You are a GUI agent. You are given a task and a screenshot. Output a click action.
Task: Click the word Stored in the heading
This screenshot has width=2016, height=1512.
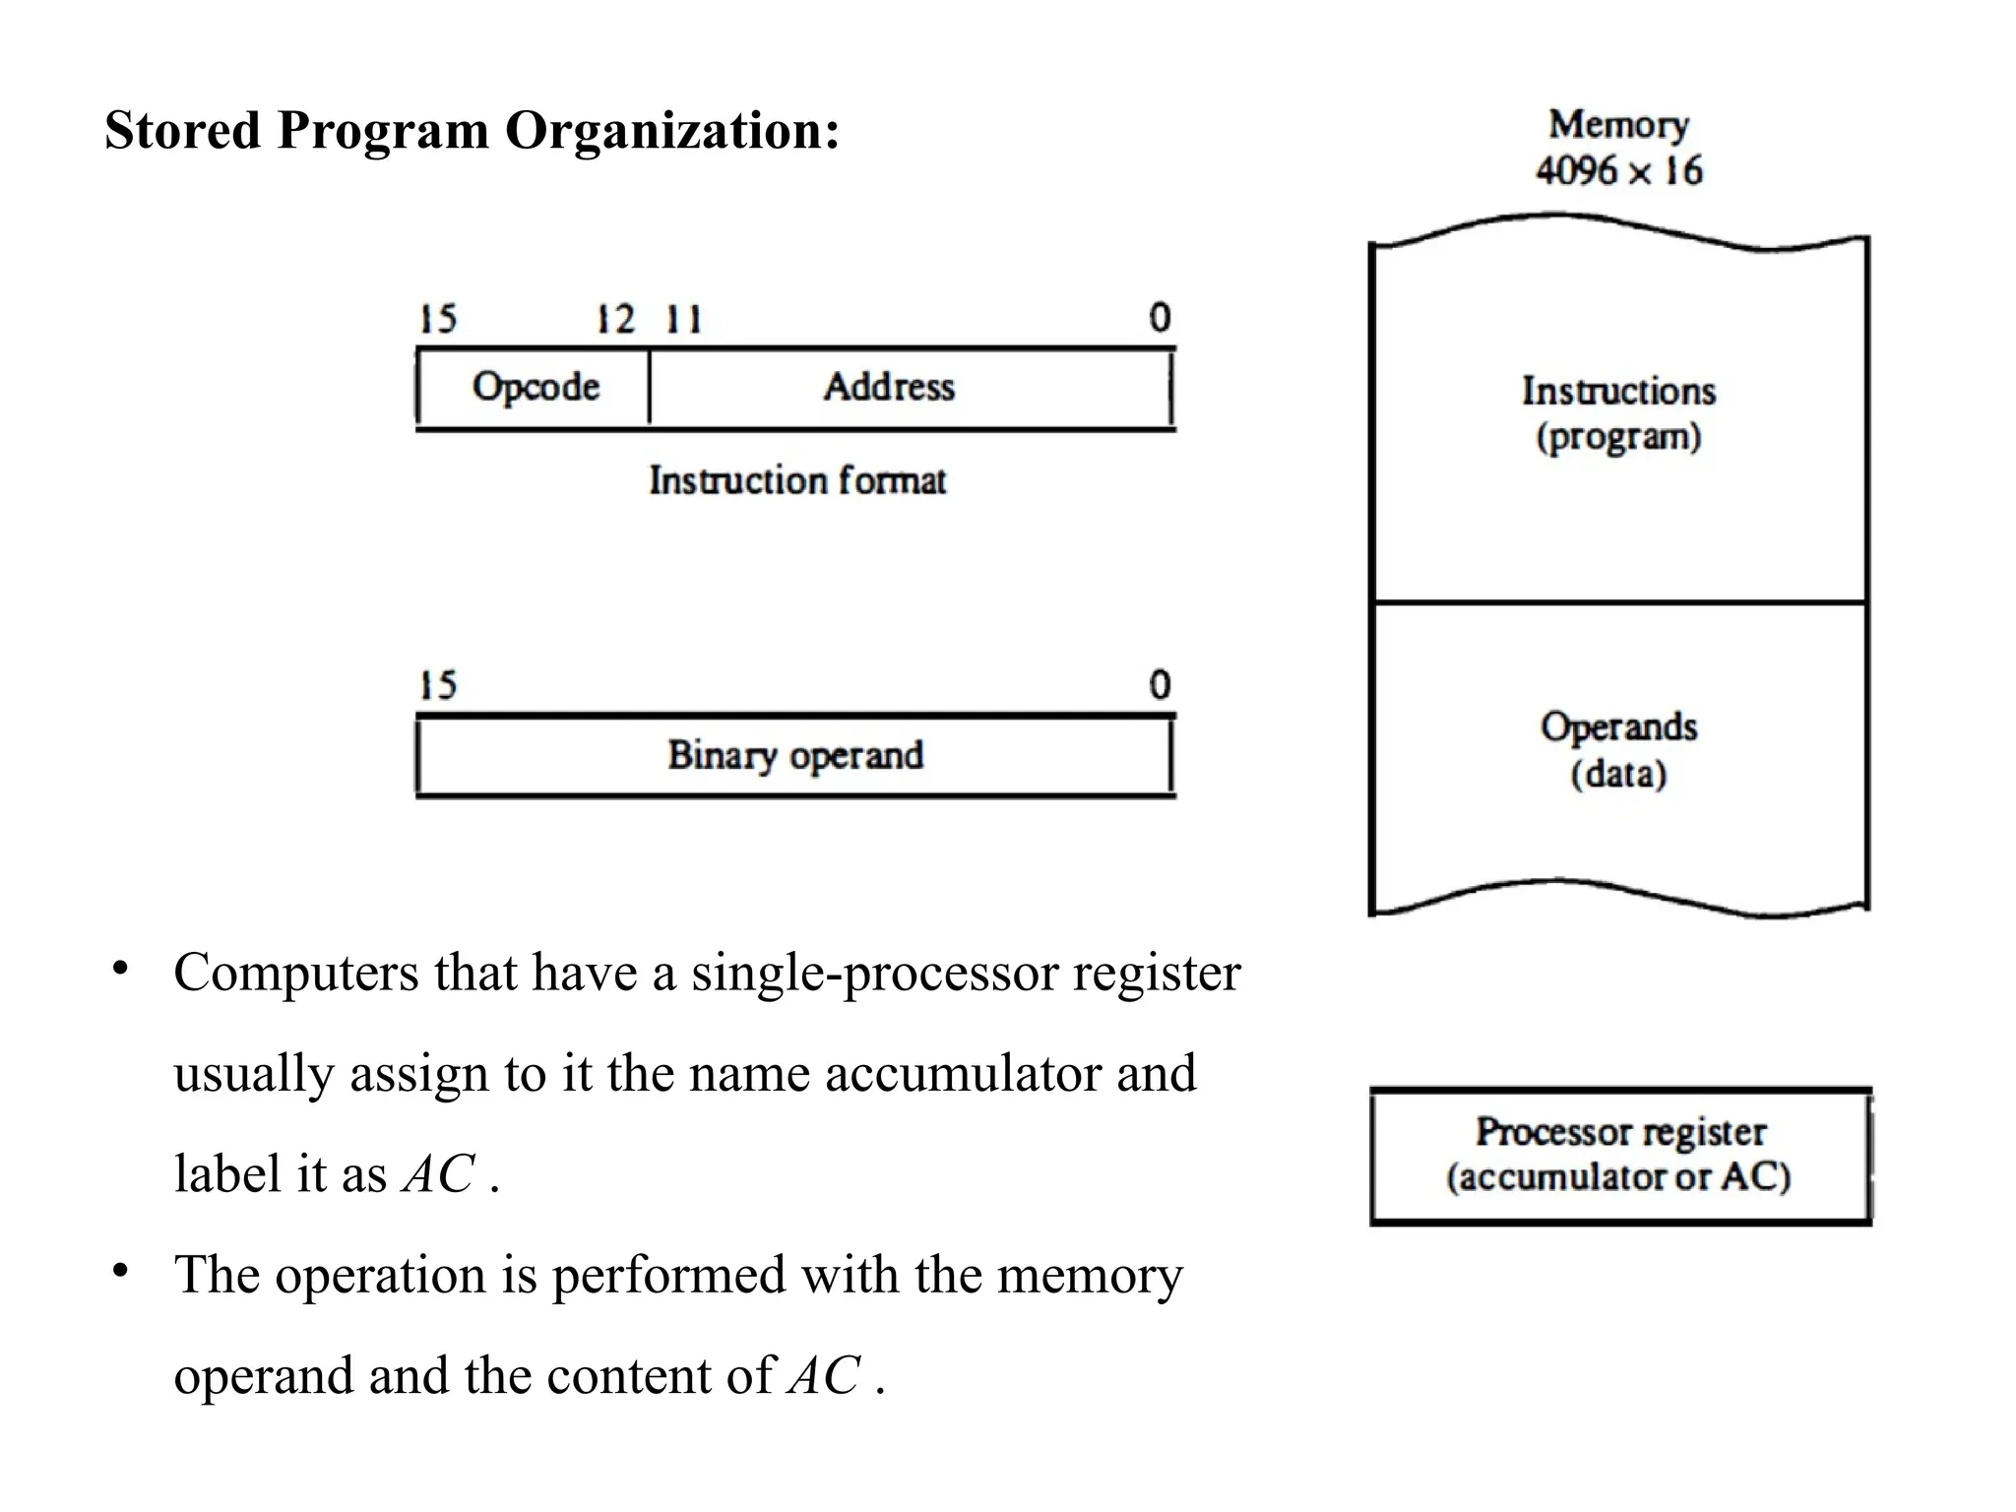pos(182,131)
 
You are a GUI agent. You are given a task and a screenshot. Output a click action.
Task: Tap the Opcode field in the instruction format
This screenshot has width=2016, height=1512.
pos(535,387)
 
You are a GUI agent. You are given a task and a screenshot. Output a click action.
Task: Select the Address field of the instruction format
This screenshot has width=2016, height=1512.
pos(889,387)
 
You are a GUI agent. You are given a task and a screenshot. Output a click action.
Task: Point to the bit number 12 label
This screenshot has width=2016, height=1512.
pos(616,320)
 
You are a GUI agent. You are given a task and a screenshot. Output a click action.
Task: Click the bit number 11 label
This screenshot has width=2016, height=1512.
pos(683,320)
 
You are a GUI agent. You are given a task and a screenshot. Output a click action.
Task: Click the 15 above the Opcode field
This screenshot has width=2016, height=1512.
pos(438,320)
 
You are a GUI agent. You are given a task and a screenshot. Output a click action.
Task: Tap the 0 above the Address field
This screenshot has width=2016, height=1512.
pos(1160,318)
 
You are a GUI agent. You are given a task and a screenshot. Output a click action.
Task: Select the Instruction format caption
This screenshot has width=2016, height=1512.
pos(796,481)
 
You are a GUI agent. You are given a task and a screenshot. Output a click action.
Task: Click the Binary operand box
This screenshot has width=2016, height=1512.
pos(795,756)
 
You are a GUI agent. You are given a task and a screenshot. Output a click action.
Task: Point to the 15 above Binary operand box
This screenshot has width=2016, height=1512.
pos(438,686)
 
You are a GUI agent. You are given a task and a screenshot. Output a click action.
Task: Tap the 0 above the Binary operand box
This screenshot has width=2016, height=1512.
pos(1160,685)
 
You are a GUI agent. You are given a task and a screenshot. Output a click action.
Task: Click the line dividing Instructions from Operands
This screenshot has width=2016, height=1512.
pos(1618,601)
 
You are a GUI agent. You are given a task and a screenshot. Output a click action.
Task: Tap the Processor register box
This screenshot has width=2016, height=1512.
pos(1619,1156)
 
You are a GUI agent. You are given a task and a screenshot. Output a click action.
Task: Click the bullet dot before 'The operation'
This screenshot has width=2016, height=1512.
pos(120,1271)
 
